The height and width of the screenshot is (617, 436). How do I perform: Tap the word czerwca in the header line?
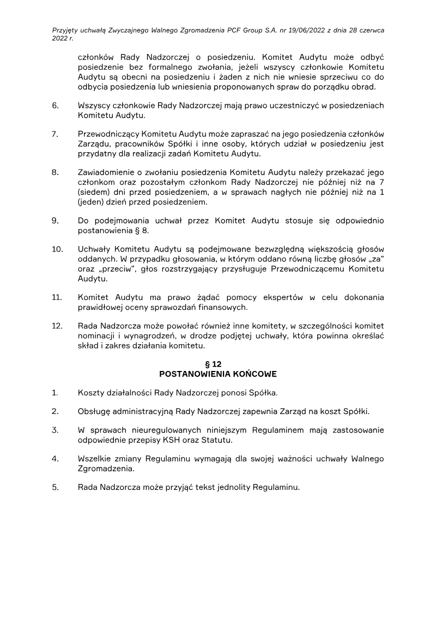(370, 31)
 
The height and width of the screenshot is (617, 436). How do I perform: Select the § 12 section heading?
(217, 364)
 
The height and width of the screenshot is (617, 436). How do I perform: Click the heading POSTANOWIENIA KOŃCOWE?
(217, 374)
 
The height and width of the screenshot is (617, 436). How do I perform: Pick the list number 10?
(57, 249)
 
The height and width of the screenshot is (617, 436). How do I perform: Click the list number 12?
(57, 326)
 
